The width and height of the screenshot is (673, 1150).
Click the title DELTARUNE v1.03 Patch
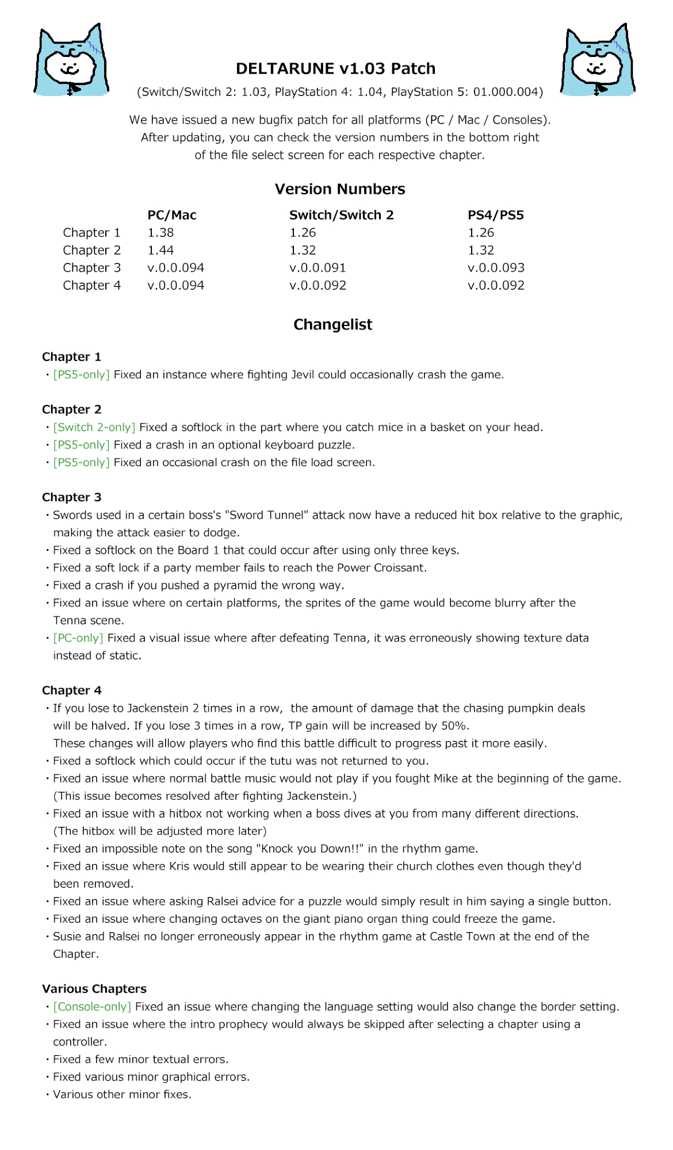335,68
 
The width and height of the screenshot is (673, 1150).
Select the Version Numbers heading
339,189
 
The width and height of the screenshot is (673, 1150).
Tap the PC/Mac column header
172,215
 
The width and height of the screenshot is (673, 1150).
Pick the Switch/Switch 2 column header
341,215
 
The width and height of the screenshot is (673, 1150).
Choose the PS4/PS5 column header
495,215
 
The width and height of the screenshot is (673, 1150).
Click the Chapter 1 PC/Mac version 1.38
160,233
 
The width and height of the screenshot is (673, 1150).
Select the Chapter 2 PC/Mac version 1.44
160,250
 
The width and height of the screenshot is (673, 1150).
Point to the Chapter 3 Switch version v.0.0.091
318,268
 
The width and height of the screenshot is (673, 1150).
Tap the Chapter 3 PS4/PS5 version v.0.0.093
496,268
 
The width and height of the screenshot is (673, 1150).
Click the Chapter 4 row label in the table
91,285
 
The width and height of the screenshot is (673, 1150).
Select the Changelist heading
332,325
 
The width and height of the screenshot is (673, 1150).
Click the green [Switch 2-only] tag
94,427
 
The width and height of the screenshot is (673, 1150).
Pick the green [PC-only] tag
78,638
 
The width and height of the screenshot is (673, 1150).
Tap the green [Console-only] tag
92,1007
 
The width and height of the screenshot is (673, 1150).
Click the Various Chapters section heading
94,989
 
